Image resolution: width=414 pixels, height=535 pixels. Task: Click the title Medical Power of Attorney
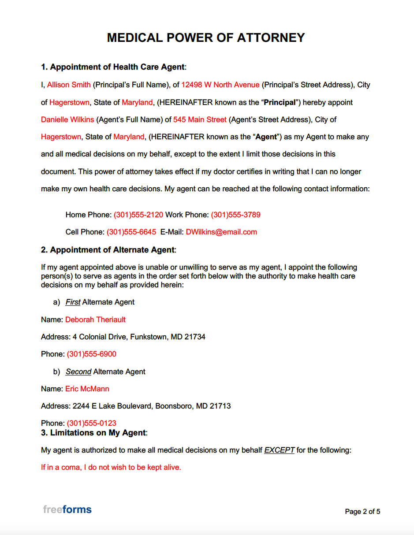[206, 38]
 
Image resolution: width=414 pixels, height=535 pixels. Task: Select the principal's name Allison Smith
[69, 85]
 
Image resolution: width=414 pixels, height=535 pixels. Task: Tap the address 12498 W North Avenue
[220, 85]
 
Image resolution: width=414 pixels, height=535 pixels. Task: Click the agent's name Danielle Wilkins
[67, 119]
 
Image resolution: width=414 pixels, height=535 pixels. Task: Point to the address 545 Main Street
[200, 119]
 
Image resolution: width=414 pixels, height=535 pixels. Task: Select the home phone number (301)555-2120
[138, 215]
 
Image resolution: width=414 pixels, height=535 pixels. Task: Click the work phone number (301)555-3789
[235, 215]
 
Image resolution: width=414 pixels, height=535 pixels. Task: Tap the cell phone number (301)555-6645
[131, 232]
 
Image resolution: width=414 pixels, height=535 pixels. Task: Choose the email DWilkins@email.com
[221, 232]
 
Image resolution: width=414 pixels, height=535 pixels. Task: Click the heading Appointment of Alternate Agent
[112, 250]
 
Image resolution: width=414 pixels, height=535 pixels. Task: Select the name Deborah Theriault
[95, 320]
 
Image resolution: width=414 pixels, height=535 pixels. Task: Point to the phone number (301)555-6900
[92, 354]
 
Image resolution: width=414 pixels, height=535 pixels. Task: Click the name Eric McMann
[87, 389]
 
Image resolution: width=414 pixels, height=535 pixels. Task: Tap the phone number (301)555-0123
[92, 423]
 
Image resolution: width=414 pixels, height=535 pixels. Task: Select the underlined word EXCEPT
[279, 450]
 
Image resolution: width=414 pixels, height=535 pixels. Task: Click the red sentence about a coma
[111, 467]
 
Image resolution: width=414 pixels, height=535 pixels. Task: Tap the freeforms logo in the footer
[67, 509]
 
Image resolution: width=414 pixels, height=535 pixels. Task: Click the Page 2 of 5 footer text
[362, 512]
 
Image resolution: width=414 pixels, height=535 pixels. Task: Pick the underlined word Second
[78, 372]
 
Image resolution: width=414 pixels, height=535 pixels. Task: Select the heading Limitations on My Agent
[97, 433]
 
